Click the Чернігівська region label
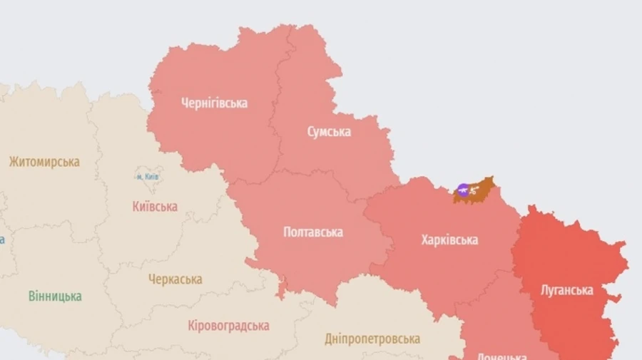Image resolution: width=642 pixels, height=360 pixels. [214, 103]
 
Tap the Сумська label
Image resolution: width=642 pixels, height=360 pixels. [329, 132]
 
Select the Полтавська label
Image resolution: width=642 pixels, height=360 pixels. [312, 232]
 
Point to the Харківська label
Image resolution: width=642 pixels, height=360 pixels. [449, 240]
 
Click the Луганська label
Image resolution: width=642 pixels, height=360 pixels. [567, 290]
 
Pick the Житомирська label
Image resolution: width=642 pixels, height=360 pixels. [44, 162]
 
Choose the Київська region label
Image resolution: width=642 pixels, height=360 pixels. [155, 207]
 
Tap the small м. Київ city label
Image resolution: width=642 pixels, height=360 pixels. [148, 176]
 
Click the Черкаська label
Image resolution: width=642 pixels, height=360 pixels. [175, 279]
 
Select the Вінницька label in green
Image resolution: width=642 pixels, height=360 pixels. [55, 296]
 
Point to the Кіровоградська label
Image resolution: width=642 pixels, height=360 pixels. [228, 326]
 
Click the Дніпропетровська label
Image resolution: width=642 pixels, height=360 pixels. [372, 339]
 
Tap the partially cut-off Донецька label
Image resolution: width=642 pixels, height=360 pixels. [499, 356]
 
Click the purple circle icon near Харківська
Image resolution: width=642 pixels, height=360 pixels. [463, 190]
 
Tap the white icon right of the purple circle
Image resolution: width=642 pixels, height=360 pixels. [473, 190]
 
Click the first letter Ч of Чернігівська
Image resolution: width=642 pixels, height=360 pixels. [185, 103]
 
